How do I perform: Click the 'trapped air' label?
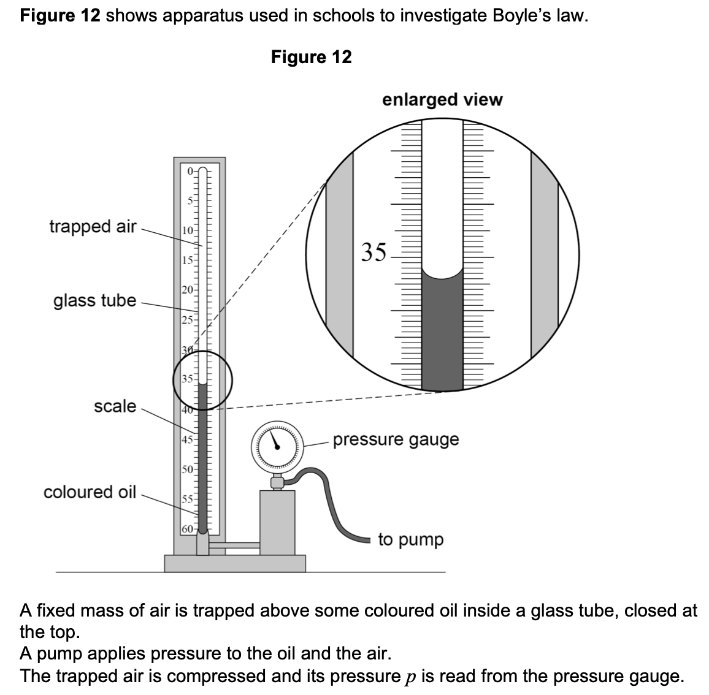tap(93, 226)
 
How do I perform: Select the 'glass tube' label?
tap(94, 300)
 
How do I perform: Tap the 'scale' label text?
tap(115, 406)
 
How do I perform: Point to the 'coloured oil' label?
tap(90, 492)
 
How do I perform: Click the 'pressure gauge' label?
tap(396, 439)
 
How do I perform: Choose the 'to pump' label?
tap(410, 540)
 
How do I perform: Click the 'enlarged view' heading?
tap(442, 99)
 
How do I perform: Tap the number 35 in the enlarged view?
tap(374, 251)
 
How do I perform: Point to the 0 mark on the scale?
tap(190, 171)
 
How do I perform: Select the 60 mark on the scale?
tap(188, 528)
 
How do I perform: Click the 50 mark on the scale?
tap(188, 470)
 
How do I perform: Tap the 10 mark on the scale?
tap(188, 230)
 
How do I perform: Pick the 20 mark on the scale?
tap(188, 289)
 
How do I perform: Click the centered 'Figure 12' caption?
tap(311, 57)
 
